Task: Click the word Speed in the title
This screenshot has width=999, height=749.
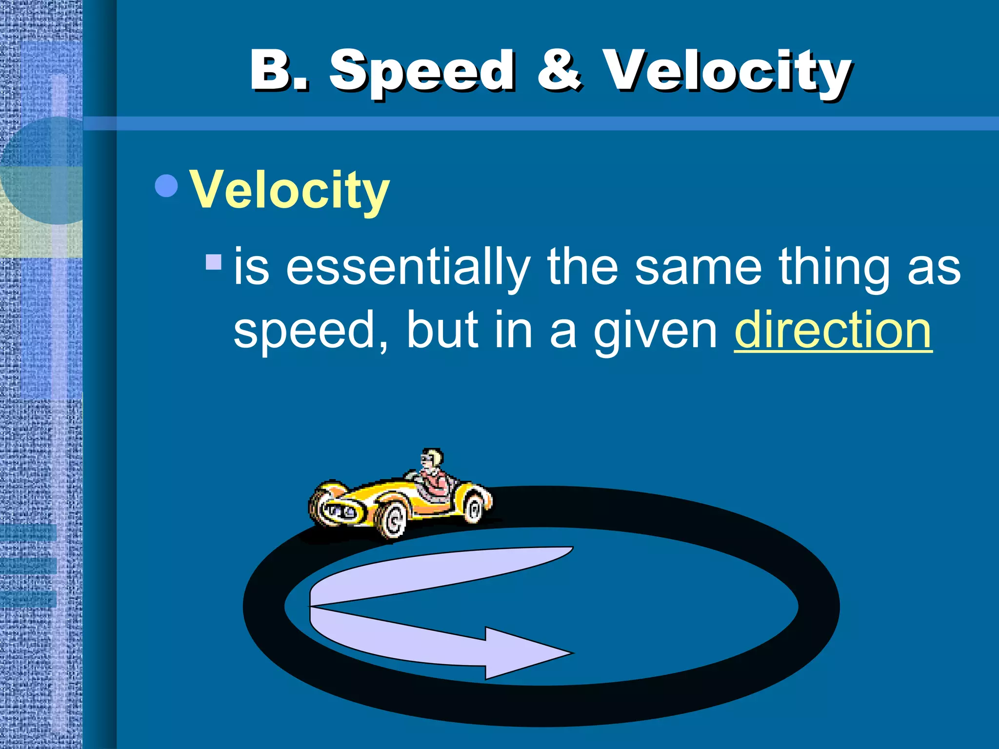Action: click(x=422, y=72)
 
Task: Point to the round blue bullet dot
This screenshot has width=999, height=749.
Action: click(x=166, y=186)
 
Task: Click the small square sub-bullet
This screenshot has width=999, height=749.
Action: click(x=214, y=262)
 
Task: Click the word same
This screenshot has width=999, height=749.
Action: click(x=698, y=268)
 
